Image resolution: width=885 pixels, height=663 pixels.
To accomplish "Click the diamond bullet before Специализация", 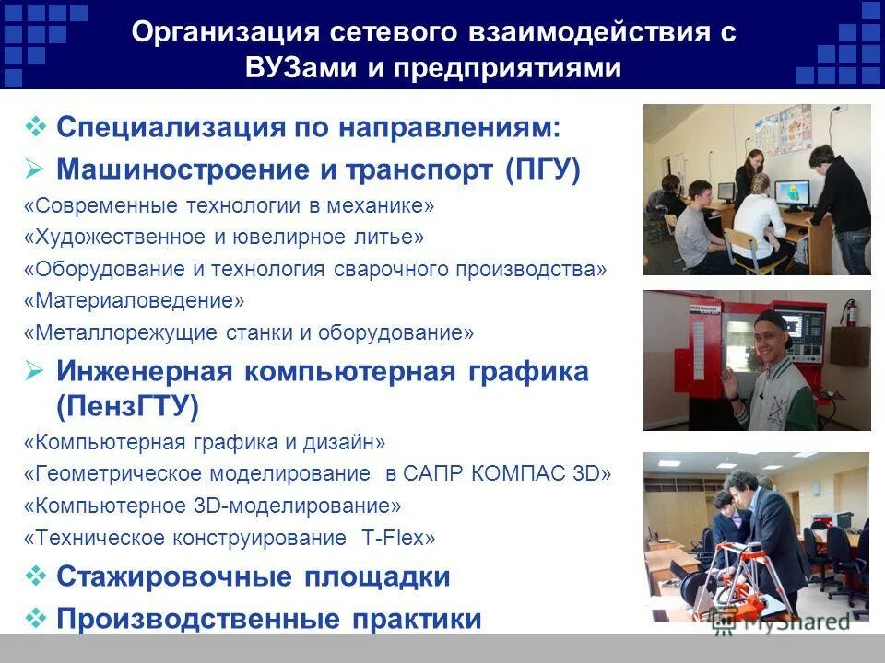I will [x=36, y=126].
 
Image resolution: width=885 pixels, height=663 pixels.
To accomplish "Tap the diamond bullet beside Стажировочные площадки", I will [x=36, y=576].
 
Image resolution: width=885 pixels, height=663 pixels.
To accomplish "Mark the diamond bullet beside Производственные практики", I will [x=36, y=618].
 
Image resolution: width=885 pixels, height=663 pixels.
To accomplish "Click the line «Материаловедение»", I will [x=135, y=300].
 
